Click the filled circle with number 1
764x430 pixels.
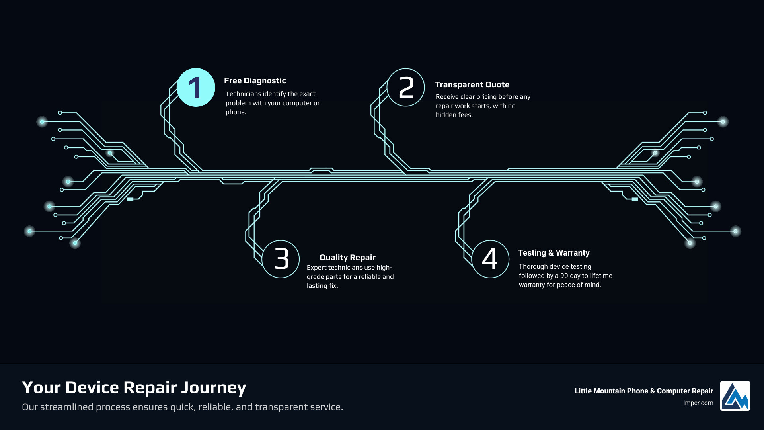click(196, 88)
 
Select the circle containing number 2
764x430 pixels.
click(406, 88)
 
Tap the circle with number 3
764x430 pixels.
click(281, 259)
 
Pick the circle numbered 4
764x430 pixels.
click(490, 259)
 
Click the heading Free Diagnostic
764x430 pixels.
click(255, 81)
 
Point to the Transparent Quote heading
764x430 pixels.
click(472, 85)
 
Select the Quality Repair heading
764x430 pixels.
click(347, 258)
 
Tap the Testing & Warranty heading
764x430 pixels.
click(554, 253)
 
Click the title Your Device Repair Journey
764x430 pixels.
click(134, 388)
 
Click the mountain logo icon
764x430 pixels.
click(735, 396)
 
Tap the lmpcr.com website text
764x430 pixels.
click(698, 403)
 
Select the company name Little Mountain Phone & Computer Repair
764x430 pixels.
click(643, 391)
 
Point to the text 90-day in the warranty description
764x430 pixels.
click(570, 276)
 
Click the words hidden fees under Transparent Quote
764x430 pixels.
click(454, 115)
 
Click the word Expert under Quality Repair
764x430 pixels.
click(316, 268)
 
